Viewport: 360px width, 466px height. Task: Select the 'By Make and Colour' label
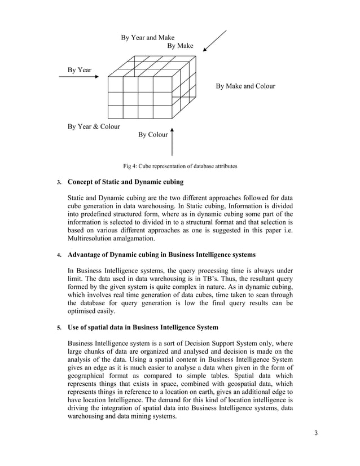tap(245, 86)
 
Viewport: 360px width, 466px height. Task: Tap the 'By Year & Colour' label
tap(94, 126)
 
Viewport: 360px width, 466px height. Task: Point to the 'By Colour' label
tap(153, 135)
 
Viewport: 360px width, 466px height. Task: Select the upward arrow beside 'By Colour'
tap(172, 142)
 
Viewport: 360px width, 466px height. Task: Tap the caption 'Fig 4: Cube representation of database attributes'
tap(180, 166)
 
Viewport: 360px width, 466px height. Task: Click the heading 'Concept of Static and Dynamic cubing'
tap(125, 182)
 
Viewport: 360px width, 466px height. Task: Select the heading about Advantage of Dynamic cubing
tap(161, 255)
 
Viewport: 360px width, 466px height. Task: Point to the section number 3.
tap(58, 183)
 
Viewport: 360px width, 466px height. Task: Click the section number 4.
tap(58, 256)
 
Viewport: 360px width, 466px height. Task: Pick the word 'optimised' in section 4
tap(84, 311)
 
